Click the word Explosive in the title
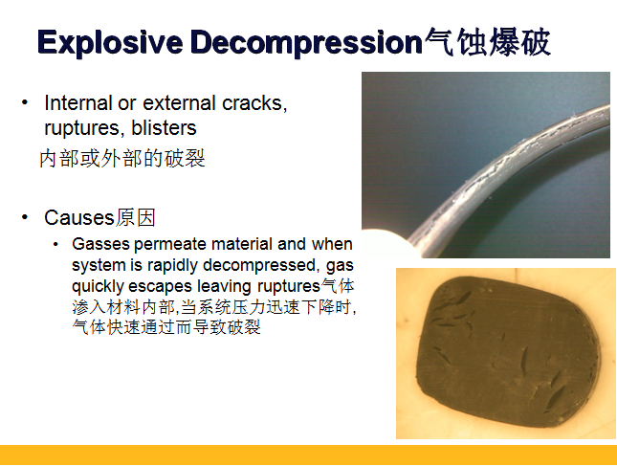110,42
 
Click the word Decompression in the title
306,42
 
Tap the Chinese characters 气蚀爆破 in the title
487,42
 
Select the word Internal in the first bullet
78,103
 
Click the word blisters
164,128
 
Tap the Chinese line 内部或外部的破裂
122,159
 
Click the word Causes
79,217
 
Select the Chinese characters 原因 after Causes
136,217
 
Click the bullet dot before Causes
25,217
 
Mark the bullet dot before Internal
25,102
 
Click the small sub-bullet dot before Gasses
55,244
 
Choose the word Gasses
100,244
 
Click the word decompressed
259,265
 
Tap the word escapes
160,286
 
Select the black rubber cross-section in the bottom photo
508,353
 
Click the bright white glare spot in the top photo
384,241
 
